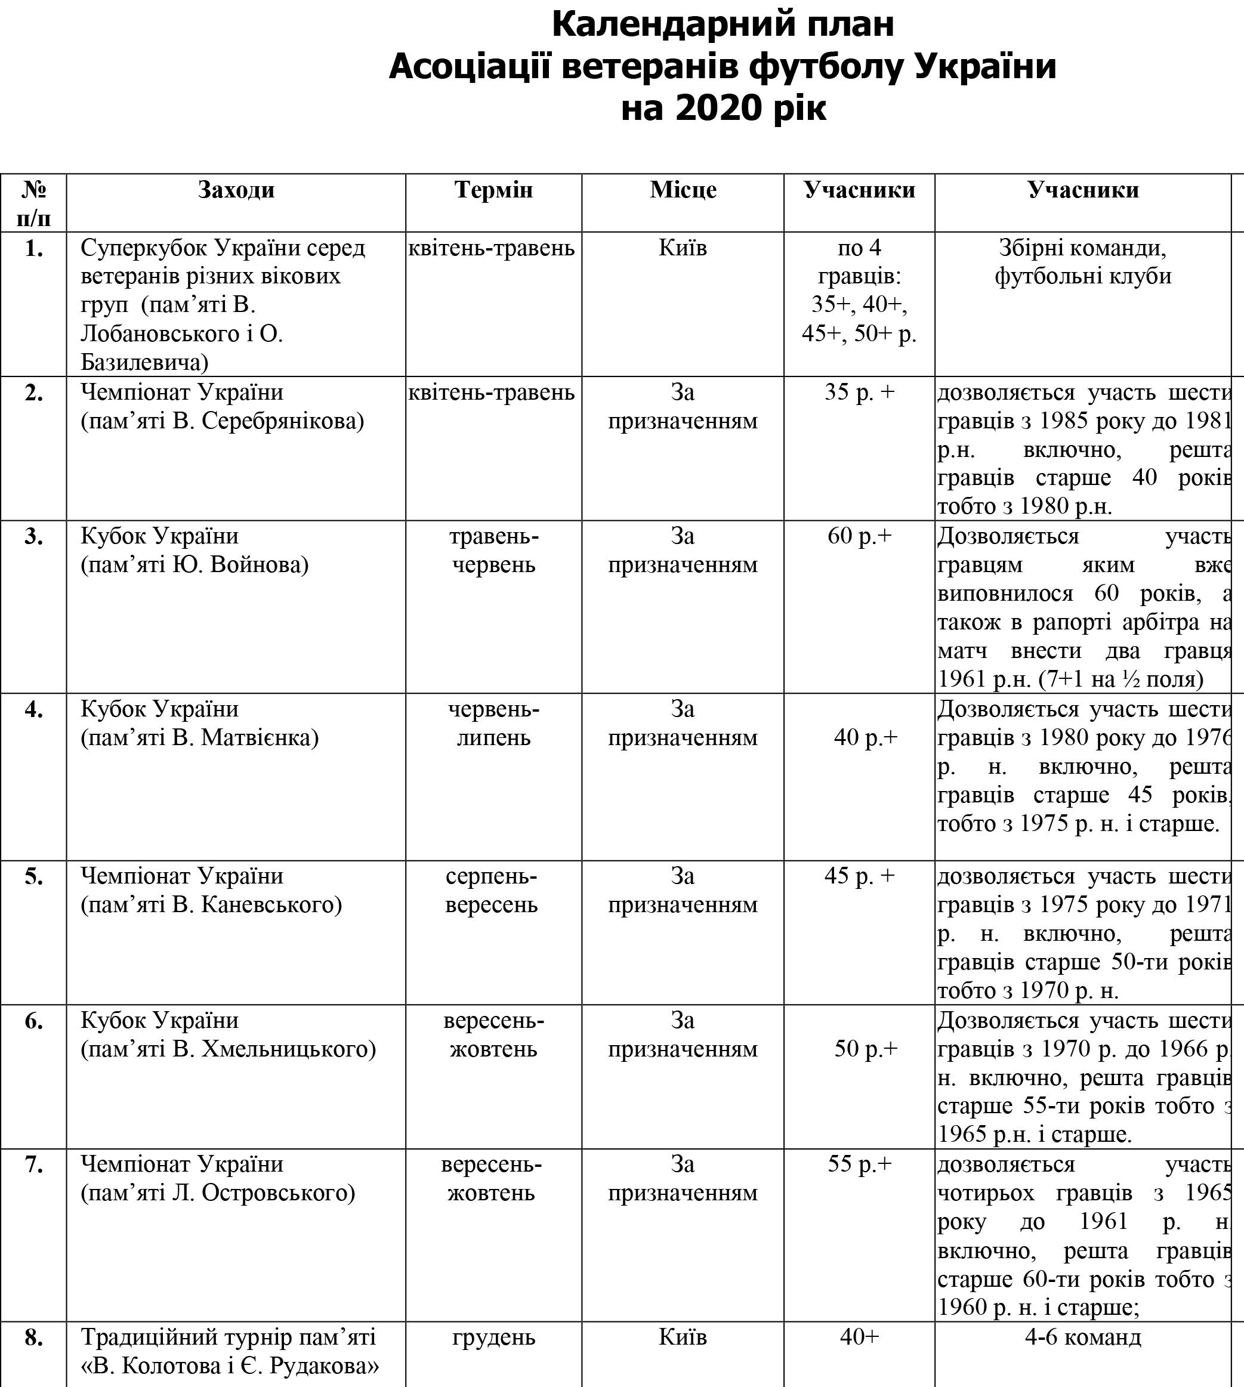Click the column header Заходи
[236, 190]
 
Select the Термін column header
[493, 190]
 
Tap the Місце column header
[683, 190]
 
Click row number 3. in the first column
[33, 536]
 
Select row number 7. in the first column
[33, 1164]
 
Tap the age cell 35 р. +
[859, 392]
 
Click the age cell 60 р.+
[859, 536]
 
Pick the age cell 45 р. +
[859, 876]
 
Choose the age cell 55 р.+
[859, 1164]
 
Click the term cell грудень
[493, 1337]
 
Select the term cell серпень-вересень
[492, 890]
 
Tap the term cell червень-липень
[493, 724]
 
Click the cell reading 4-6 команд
[1083, 1337]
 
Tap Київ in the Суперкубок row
[683, 248]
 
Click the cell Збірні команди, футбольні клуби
[1083, 262]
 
